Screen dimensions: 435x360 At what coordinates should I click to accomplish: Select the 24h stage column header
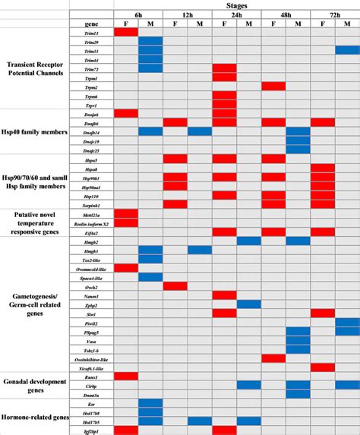(x=235, y=14)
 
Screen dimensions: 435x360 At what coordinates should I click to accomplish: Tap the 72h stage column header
(x=334, y=14)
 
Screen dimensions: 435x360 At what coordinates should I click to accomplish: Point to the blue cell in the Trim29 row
(x=150, y=41)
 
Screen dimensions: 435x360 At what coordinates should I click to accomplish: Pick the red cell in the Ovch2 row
(x=175, y=285)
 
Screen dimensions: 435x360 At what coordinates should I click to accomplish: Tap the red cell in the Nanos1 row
(x=225, y=295)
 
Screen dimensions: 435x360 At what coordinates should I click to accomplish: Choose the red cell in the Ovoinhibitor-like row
(x=273, y=358)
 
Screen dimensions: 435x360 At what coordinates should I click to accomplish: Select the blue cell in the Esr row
(x=150, y=403)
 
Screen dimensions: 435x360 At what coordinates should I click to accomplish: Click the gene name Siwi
(x=91, y=313)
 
